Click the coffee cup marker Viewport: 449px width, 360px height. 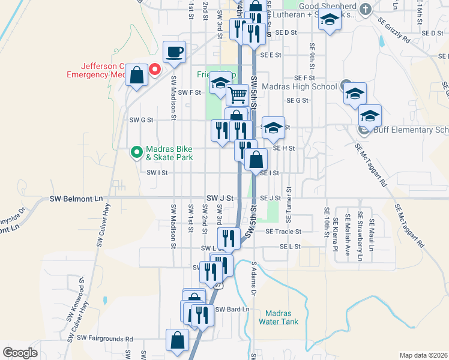pyautogui.click(x=175, y=53)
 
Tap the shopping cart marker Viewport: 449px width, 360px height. pyautogui.click(x=238, y=94)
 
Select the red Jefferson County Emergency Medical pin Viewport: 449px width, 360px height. pyautogui.click(x=154, y=70)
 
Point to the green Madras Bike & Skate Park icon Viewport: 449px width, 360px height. pyautogui.click(x=136, y=153)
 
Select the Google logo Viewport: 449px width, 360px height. pyautogui.click(x=20, y=353)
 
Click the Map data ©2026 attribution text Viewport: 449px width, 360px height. pyautogui.click(x=423, y=355)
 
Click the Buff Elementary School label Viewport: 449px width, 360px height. pyautogui.click(x=411, y=130)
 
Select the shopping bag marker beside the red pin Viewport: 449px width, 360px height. pyautogui.click(x=137, y=76)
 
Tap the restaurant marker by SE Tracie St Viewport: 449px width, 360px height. pyautogui.click(x=231, y=238)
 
